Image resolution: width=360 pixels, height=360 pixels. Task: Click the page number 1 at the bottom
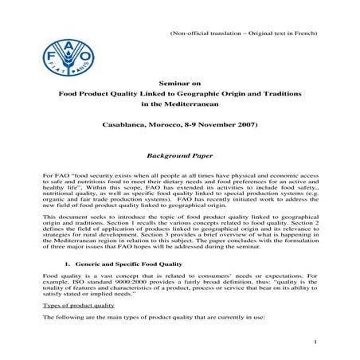tap(316, 342)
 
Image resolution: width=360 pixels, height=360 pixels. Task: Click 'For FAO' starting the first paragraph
tap(54, 174)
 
